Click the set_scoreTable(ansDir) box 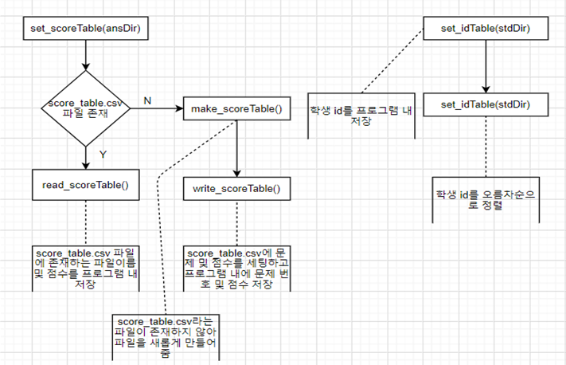[84, 29]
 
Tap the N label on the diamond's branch [146, 100]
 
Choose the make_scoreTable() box [236, 108]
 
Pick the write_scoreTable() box [236, 189]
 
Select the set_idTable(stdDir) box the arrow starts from [486, 29]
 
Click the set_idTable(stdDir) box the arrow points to [486, 106]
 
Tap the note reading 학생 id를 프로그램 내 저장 [361, 114]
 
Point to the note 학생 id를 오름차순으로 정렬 [486, 199]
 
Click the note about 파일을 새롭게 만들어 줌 [165, 336]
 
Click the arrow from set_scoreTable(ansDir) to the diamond [84, 57]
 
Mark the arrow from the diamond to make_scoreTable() [158, 108]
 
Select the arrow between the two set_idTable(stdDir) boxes [486, 67]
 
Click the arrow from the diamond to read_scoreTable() [84, 157]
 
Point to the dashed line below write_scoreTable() [236, 222]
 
